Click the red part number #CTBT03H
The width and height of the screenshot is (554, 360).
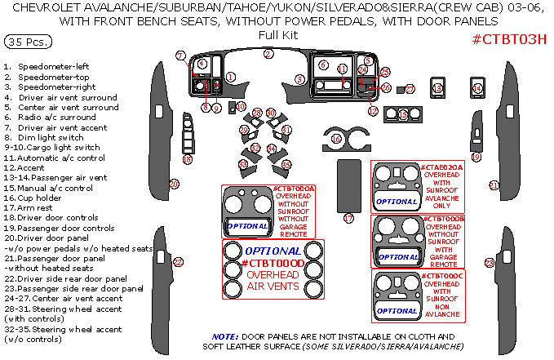(509, 40)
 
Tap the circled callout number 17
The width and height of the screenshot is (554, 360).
(349, 218)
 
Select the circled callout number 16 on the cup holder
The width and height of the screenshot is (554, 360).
(335, 139)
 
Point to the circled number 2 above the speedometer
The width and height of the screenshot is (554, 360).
(268, 54)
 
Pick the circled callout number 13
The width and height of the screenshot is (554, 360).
(437, 89)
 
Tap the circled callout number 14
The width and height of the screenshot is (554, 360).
(477, 89)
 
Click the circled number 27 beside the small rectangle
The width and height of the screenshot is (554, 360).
(410, 88)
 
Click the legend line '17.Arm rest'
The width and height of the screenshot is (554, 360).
(32, 207)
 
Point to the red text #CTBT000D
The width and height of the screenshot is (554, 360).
(273, 263)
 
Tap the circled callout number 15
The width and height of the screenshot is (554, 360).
(403, 115)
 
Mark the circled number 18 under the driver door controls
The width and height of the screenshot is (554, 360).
(187, 160)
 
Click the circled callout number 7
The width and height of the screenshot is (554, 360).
(180, 56)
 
